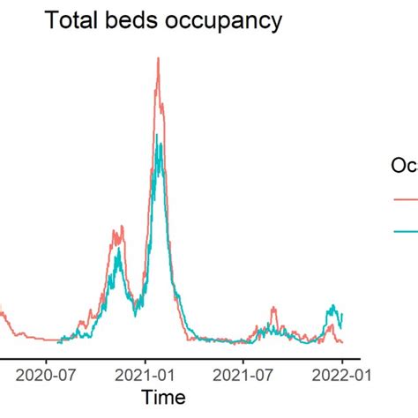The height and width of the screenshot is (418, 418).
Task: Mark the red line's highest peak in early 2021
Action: point(157,58)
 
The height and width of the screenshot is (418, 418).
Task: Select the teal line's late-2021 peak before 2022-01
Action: point(332,306)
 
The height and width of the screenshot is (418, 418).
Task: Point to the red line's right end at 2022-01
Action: point(342,342)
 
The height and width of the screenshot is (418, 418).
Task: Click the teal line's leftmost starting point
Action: point(58,341)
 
